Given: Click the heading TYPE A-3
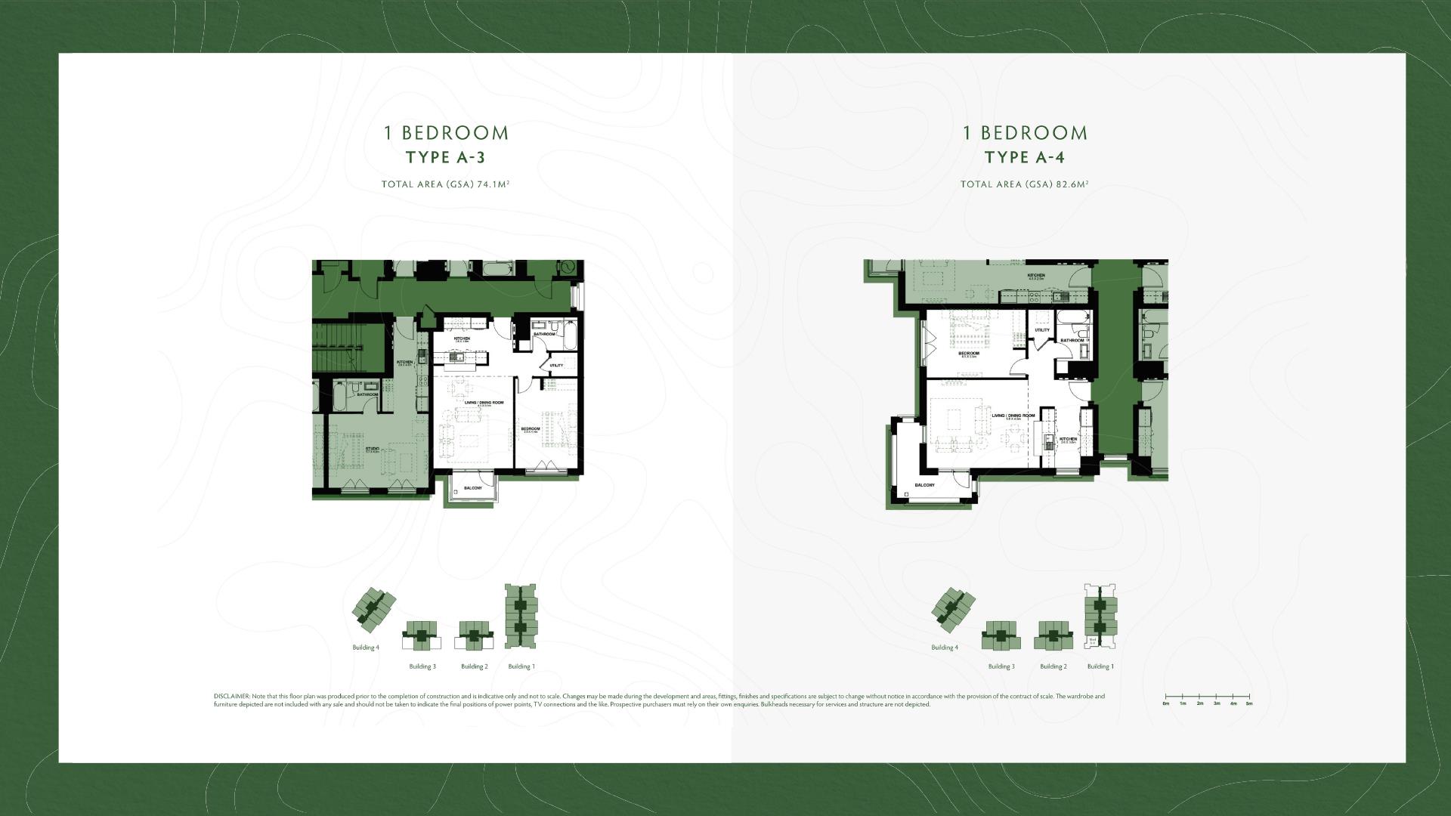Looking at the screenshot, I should tap(445, 157).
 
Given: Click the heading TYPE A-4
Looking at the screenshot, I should tap(1024, 157).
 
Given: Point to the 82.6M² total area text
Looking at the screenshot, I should tap(1072, 184).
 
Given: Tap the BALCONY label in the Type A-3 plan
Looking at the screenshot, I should tap(472, 488).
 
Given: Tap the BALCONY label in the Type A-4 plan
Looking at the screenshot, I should tap(924, 485).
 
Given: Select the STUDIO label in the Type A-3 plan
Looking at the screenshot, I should tap(373, 448).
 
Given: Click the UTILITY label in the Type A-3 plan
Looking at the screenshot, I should tap(556, 366).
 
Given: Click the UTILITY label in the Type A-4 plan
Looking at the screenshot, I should tap(1042, 330).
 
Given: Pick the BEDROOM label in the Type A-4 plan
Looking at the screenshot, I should tap(969, 353).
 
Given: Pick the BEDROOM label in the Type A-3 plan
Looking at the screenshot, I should tap(531, 429).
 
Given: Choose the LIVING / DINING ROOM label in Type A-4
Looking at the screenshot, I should tap(1013, 416).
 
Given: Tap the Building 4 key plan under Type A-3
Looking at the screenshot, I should tap(374, 610).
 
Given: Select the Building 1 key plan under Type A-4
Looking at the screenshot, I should tap(1100, 617).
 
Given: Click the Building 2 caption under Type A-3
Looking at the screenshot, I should tap(475, 666).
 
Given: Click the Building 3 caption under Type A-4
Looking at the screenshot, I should tap(1001, 666).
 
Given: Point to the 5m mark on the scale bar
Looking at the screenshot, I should tap(1249, 703).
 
